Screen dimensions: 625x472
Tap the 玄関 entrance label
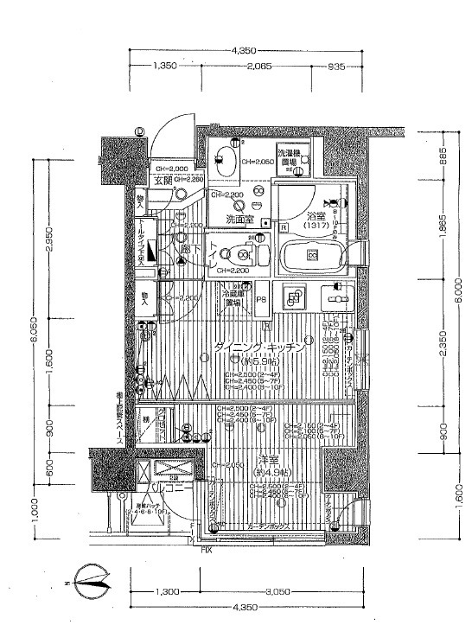pos(163,181)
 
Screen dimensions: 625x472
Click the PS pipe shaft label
pos(260,302)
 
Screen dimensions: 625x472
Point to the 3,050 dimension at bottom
pos(277,592)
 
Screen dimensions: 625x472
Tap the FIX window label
pos(207,549)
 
